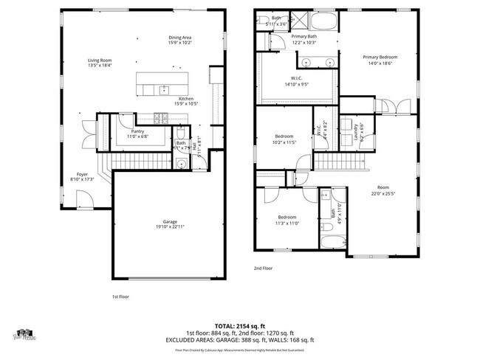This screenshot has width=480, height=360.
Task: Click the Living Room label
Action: pyautogui.click(x=100, y=60)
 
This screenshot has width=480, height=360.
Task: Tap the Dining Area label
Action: pyautogui.click(x=180, y=37)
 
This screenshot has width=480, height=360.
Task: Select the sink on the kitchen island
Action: pyautogui.click(x=162, y=89)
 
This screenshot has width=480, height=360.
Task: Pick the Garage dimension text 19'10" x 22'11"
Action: pyautogui.click(x=169, y=226)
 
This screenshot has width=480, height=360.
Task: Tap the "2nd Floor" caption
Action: pyautogui.click(x=263, y=269)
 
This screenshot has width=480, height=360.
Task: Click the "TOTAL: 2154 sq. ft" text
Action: pyautogui.click(x=239, y=325)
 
